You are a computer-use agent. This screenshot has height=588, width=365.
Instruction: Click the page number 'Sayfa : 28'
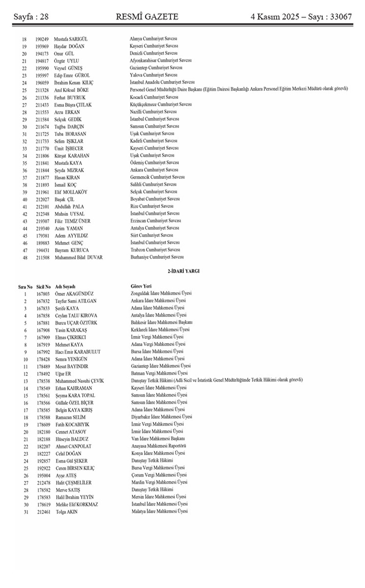(x=31, y=17)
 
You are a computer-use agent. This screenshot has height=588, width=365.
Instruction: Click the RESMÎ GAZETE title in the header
(x=147, y=17)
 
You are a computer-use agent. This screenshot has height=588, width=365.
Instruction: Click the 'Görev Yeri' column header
(x=141, y=286)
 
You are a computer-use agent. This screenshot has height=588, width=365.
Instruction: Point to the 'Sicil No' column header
(x=43, y=287)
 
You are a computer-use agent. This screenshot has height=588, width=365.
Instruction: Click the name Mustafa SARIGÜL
(x=71, y=39)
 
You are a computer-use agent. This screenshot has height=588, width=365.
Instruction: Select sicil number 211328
(x=42, y=90)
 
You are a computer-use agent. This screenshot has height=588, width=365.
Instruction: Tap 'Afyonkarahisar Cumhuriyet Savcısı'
(x=161, y=61)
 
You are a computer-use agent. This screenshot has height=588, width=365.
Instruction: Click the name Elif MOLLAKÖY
(x=71, y=192)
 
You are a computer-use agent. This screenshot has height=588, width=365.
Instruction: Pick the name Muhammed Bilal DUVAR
(x=78, y=257)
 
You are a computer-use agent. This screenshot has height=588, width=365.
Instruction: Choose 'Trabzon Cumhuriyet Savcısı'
(x=155, y=250)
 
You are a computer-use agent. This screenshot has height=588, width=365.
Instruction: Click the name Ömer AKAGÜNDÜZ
(x=74, y=294)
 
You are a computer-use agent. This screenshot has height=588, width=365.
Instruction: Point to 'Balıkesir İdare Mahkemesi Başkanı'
(x=162, y=322)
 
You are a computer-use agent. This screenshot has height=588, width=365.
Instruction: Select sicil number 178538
(x=43, y=381)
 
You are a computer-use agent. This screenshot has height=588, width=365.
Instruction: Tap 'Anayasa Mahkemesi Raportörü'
(x=159, y=446)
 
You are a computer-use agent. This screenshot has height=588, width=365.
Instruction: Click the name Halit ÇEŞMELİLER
(x=74, y=482)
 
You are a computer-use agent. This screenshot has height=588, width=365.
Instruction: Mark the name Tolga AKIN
(x=67, y=512)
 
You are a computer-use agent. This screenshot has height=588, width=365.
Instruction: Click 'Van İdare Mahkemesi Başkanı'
(x=158, y=439)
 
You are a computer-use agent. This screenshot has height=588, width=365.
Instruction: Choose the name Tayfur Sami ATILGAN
(x=76, y=301)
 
